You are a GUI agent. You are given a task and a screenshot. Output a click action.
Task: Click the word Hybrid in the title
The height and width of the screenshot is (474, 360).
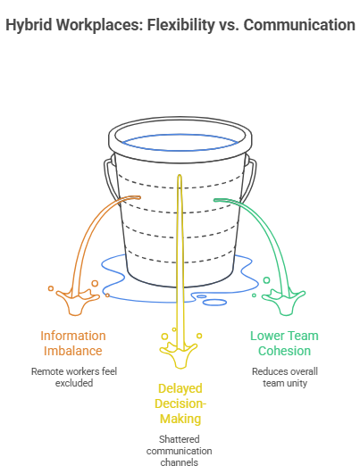pos(29,25)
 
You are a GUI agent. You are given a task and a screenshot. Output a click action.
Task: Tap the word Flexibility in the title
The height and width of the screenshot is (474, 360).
pos(180,25)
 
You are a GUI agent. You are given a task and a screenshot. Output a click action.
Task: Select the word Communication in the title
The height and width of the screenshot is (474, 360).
pos(297,25)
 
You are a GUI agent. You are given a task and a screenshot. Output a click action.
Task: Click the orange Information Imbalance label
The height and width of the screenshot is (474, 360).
pos(72,344)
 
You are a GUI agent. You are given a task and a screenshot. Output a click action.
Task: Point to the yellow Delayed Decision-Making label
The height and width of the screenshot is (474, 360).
pos(180,404)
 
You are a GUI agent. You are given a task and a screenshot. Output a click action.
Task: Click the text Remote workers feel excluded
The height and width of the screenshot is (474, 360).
pos(72,377)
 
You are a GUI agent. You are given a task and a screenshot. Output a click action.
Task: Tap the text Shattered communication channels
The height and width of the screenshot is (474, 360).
pos(180,445)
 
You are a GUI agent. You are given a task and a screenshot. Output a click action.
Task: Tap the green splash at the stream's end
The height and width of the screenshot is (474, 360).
pos(289,299)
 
